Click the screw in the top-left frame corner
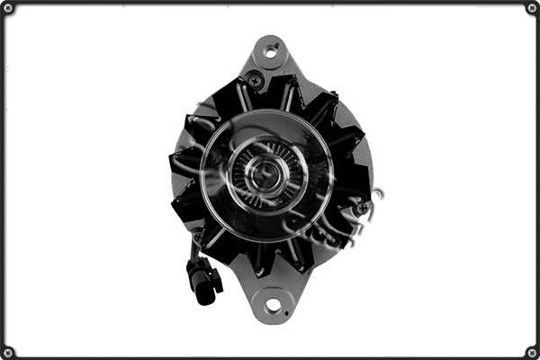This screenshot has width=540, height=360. click(x=8, y=8)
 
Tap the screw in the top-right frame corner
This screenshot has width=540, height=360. click(x=532, y=8)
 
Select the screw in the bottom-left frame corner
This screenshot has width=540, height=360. click(x=8, y=352)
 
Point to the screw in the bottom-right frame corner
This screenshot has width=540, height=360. click(x=532, y=352)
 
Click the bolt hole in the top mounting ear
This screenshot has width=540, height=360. click(x=270, y=53)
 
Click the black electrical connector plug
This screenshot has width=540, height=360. click(x=204, y=278)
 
